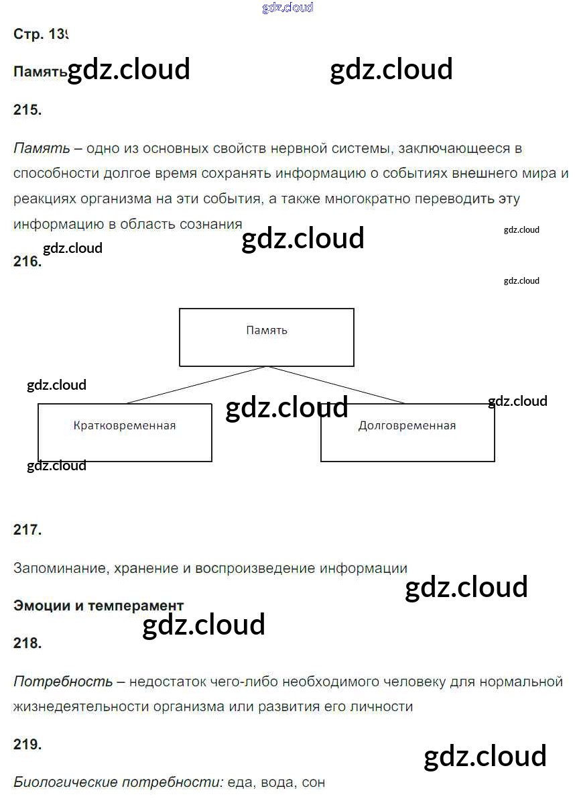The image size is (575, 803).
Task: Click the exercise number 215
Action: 27,111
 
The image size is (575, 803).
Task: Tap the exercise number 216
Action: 27,262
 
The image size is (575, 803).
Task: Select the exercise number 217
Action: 27,529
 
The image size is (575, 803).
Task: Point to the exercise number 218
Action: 27,643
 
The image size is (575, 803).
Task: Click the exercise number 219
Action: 27,744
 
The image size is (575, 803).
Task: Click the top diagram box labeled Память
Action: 267,337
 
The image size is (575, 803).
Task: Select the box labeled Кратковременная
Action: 125,433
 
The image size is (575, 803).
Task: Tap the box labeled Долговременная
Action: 407,433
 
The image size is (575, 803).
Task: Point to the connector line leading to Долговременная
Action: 335,385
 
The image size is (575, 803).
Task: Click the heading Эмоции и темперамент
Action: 99,606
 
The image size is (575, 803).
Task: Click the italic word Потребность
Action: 63,682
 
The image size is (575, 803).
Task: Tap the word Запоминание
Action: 59,568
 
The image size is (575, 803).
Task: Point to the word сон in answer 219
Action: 313,782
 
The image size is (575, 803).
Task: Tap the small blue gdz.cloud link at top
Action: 287,8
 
